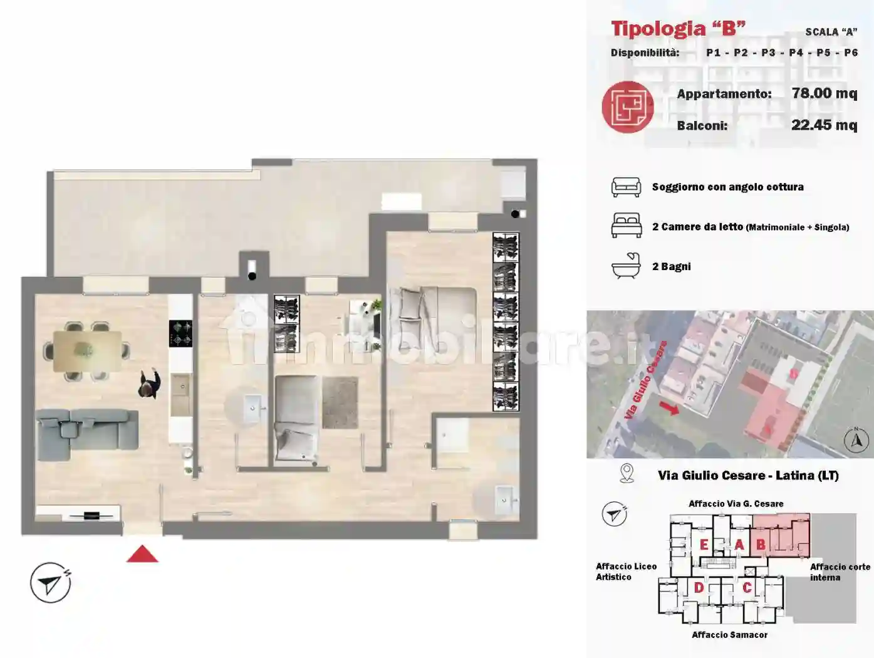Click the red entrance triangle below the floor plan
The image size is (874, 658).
click(x=142, y=555)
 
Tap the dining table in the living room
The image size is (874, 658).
click(x=87, y=350)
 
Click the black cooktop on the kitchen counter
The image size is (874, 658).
click(x=180, y=333)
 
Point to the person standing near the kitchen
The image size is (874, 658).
click(x=149, y=384)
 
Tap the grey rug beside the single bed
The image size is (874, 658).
click(x=340, y=402)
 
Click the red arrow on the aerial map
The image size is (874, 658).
click(x=669, y=408)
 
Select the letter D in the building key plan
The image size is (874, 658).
click(x=699, y=587)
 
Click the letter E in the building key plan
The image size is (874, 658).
click(x=704, y=545)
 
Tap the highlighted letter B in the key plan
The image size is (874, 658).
click(x=761, y=545)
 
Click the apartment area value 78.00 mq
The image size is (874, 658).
click(x=824, y=93)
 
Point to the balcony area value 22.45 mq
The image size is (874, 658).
click(x=824, y=125)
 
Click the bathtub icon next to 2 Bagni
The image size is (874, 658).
click(x=626, y=266)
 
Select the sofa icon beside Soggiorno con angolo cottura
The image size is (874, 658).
click(x=626, y=187)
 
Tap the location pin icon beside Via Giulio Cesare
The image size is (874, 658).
click(x=626, y=473)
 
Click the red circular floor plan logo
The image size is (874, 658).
click(x=627, y=107)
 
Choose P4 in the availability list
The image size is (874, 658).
click(x=796, y=53)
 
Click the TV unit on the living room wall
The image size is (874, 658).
click(x=91, y=516)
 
